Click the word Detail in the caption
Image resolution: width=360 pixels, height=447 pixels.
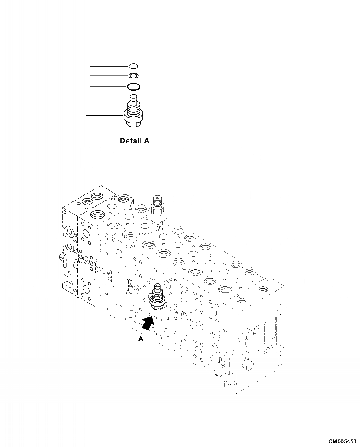(129, 141)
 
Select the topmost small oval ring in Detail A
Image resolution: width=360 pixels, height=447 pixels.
(133, 66)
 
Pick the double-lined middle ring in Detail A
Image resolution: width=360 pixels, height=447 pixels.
(133, 75)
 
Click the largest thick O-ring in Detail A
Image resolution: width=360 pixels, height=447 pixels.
(133, 86)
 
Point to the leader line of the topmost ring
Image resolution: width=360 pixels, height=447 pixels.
(109, 66)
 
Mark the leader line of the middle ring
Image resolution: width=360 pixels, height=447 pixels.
(109, 75)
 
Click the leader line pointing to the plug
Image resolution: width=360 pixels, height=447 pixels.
(106, 115)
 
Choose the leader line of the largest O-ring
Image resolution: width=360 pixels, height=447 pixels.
(108, 86)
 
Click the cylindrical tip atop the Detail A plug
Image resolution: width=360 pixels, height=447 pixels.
(134, 99)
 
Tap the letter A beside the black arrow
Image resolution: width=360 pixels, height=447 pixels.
(141, 339)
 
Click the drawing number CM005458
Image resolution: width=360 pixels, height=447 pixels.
(342, 441)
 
